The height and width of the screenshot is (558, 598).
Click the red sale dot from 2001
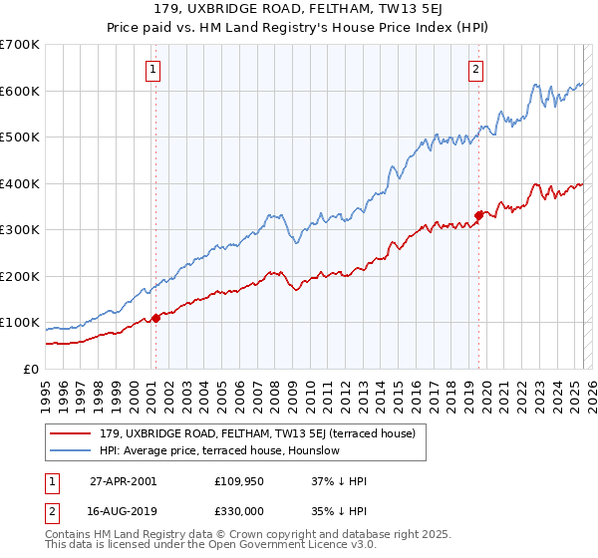(156, 318)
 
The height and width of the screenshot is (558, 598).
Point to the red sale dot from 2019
(479, 215)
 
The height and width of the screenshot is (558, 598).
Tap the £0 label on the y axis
(30, 369)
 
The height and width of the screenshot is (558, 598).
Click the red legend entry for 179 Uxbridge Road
(249, 433)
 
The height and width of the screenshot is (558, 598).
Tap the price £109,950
(238, 481)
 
